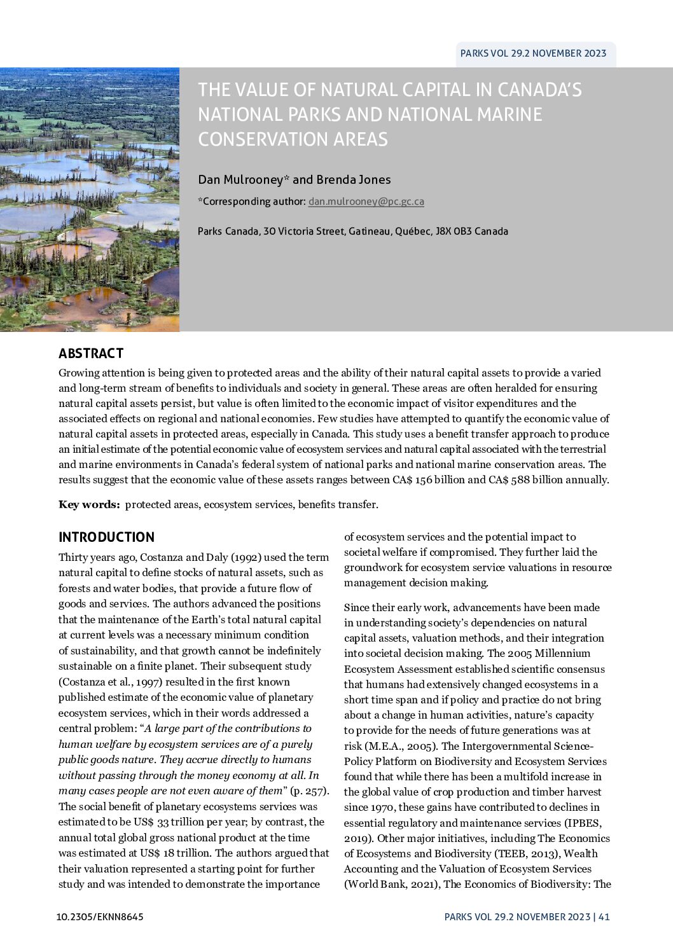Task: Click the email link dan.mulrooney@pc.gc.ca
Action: tap(366, 202)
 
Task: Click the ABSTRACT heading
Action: tap(91, 354)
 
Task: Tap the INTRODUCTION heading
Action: tap(106, 537)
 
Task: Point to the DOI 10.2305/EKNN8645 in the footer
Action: tap(100, 917)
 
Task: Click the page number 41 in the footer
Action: tap(604, 917)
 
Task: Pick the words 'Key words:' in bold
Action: tap(89, 505)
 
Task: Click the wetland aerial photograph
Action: tap(89, 200)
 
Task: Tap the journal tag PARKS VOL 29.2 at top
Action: tap(532, 53)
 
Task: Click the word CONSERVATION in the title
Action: tap(293, 139)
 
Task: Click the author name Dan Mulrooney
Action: tap(240, 180)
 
